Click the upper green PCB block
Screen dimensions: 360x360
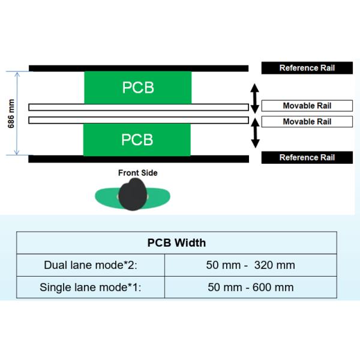(x=137, y=87)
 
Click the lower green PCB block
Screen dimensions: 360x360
(x=137, y=139)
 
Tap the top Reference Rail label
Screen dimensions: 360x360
(x=307, y=68)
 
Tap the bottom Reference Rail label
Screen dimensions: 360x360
(x=307, y=158)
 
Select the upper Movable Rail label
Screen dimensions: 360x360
(x=307, y=106)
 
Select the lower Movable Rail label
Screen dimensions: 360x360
(x=307, y=122)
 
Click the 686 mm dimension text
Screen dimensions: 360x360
(x=11, y=113)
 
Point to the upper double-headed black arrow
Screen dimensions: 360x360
(x=254, y=98)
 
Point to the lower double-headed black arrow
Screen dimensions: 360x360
(x=254, y=132)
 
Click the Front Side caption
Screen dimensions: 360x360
(x=137, y=173)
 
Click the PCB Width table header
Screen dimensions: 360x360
(x=176, y=243)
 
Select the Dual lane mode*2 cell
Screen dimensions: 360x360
(x=90, y=265)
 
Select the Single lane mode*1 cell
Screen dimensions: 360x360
(x=90, y=287)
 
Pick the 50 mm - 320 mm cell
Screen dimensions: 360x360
(x=251, y=265)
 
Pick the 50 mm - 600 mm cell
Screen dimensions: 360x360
(x=251, y=287)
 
